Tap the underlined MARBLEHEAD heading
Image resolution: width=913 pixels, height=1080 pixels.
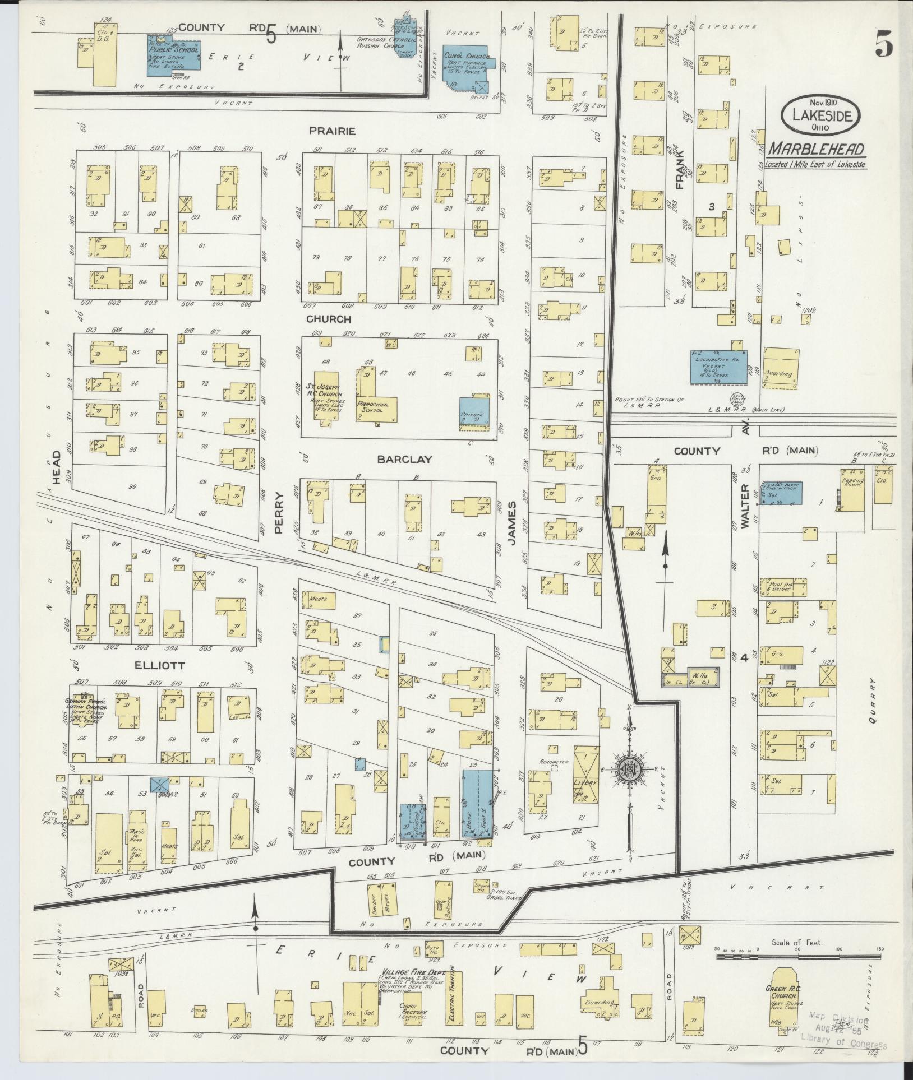point(816,149)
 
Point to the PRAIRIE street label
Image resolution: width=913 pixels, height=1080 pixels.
point(332,131)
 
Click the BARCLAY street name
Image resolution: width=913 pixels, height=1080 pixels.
point(404,459)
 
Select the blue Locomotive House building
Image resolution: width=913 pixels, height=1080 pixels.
point(718,367)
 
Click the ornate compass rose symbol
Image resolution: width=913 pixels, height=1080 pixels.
point(629,769)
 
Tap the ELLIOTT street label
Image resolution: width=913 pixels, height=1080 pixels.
point(159,666)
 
